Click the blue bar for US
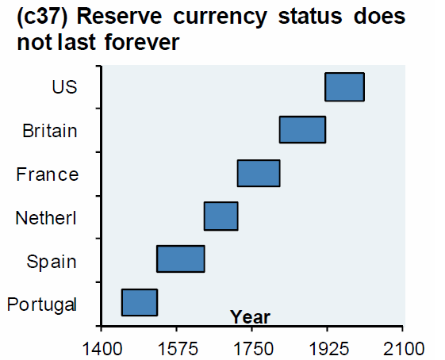[344, 86]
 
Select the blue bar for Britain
[302, 129]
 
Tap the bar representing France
[259, 173]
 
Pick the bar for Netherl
[221, 216]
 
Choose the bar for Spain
[181, 259]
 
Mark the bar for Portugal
[139, 302]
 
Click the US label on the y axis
[64, 86]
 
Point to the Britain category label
[50, 130]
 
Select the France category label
[48, 174]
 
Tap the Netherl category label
[46, 217]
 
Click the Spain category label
[52, 261]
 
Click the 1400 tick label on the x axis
[101, 347]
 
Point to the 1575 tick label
[176, 347]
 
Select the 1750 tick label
[251, 347]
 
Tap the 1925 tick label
[327, 347]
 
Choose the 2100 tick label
[402, 347]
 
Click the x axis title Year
[250, 317]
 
